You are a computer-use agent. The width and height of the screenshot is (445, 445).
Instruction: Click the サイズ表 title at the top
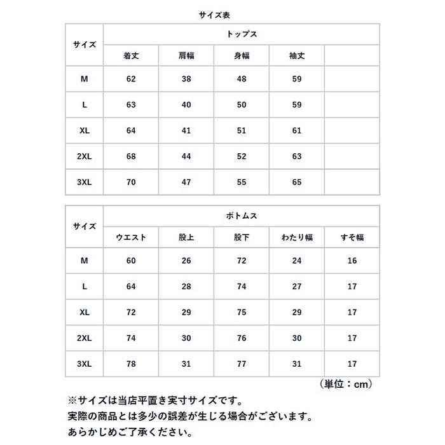coord(222,11)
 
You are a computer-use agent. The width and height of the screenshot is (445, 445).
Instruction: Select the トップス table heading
coord(241,34)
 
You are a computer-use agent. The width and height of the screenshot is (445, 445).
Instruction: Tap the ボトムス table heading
coord(241,216)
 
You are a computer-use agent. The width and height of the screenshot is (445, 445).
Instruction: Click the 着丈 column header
coord(131,56)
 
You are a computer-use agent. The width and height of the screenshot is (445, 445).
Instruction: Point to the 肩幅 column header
coord(186,56)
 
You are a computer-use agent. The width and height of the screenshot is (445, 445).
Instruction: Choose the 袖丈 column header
coord(296,56)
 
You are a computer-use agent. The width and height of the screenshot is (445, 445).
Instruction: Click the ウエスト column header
coord(131,238)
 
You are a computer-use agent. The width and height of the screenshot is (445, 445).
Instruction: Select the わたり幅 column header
coord(296,238)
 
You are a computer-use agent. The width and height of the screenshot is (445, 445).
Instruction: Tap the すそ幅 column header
coord(352,238)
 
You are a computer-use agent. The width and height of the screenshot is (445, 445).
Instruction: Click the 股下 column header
coord(241,238)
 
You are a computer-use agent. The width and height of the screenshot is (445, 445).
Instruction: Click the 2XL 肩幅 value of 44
coord(186,156)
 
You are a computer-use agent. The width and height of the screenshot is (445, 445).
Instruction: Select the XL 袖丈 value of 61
coord(296,130)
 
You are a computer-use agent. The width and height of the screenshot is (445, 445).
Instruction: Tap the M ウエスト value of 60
coord(131,261)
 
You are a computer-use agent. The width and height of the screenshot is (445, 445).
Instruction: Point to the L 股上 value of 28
coord(186,287)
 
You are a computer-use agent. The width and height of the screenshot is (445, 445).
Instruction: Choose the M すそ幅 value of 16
coord(352,261)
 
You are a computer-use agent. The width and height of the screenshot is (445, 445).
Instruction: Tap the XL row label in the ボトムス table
coord(84,312)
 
